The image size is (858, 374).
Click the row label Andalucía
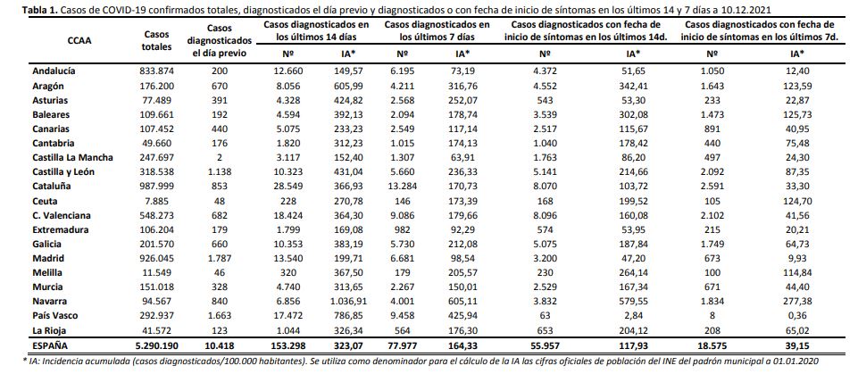[x=54, y=71]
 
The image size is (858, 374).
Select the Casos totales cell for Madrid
[x=157, y=258]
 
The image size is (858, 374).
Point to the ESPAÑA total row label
[x=49, y=346]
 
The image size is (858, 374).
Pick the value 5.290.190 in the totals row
[x=156, y=346]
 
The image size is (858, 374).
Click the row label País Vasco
[x=55, y=315]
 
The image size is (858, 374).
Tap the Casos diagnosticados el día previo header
[x=220, y=40]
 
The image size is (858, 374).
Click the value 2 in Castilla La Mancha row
[x=220, y=157]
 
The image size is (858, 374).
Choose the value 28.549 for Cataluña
[x=287, y=186]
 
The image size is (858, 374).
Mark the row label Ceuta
[x=45, y=201]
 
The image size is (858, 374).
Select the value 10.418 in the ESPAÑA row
[x=220, y=346]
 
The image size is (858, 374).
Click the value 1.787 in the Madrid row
[x=220, y=258]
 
